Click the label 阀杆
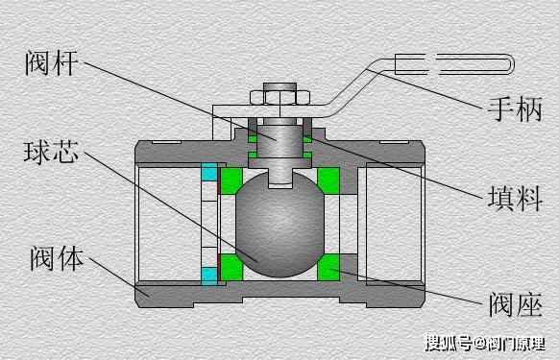[x=52, y=63]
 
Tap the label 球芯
[x=51, y=153]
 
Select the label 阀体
[x=57, y=257]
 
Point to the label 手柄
[x=515, y=108]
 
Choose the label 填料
[x=515, y=198]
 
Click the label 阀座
[x=516, y=304]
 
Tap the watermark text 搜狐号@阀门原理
[x=485, y=343]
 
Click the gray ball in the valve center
[x=279, y=225]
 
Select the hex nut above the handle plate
[x=279, y=97]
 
